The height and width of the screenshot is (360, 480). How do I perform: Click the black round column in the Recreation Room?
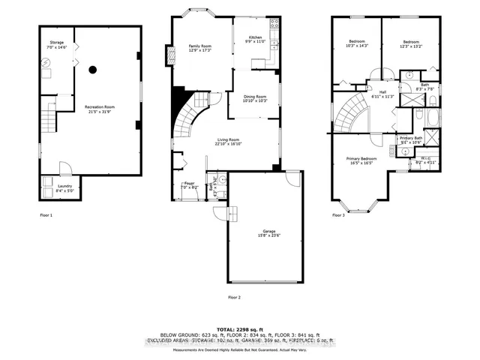[92, 70]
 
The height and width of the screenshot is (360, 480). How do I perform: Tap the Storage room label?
[57, 42]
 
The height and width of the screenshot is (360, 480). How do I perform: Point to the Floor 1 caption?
[47, 215]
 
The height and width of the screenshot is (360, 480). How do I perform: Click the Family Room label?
[200, 46]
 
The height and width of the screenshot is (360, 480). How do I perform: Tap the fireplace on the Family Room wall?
[169, 57]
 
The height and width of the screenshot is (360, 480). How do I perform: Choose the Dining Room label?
[256, 96]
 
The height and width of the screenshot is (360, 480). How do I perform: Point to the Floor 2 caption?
[234, 297]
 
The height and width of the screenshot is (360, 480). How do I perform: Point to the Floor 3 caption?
[340, 215]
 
